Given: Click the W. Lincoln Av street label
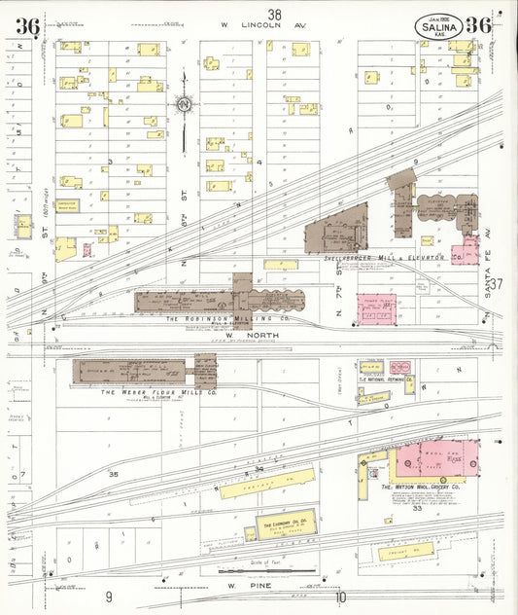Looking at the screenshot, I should [x=263, y=25].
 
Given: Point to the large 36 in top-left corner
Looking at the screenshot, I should [x=27, y=26].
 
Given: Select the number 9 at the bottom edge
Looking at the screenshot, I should [x=110, y=597].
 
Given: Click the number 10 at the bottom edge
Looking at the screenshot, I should [x=340, y=597].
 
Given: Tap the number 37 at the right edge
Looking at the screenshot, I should [x=497, y=284].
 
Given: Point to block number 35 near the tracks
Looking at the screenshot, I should [x=114, y=474].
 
